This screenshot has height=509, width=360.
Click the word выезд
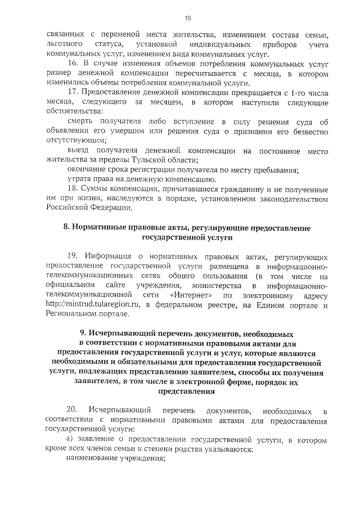coord(78,151)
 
